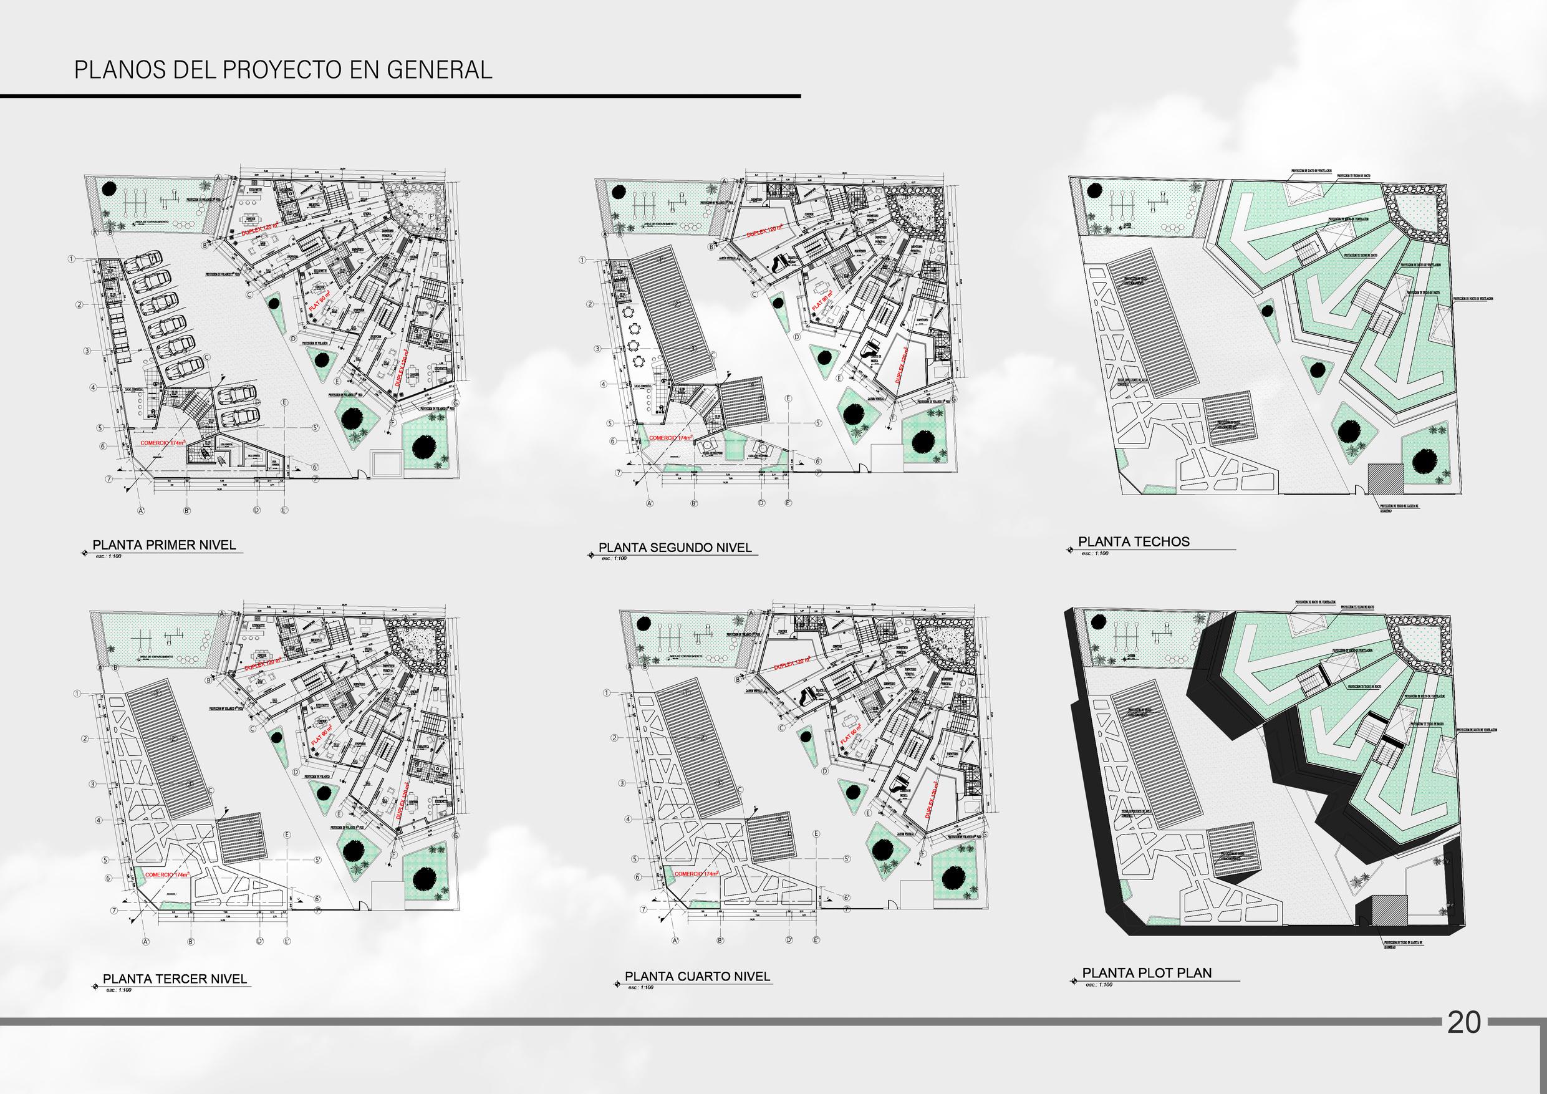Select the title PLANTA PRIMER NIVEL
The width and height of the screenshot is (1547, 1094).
[x=165, y=544]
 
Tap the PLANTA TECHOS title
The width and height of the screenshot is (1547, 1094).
[x=1134, y=541]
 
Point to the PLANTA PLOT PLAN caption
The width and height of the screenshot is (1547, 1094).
[x=1147, y=991]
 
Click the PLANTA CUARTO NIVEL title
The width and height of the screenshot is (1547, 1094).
[x=697, y=995]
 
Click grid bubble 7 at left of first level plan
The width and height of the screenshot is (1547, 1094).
[x=108, y=478]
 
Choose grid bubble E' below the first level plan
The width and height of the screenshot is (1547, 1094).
[x=285, y=510]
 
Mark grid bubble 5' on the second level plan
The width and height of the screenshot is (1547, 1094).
[x=818, y=424]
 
